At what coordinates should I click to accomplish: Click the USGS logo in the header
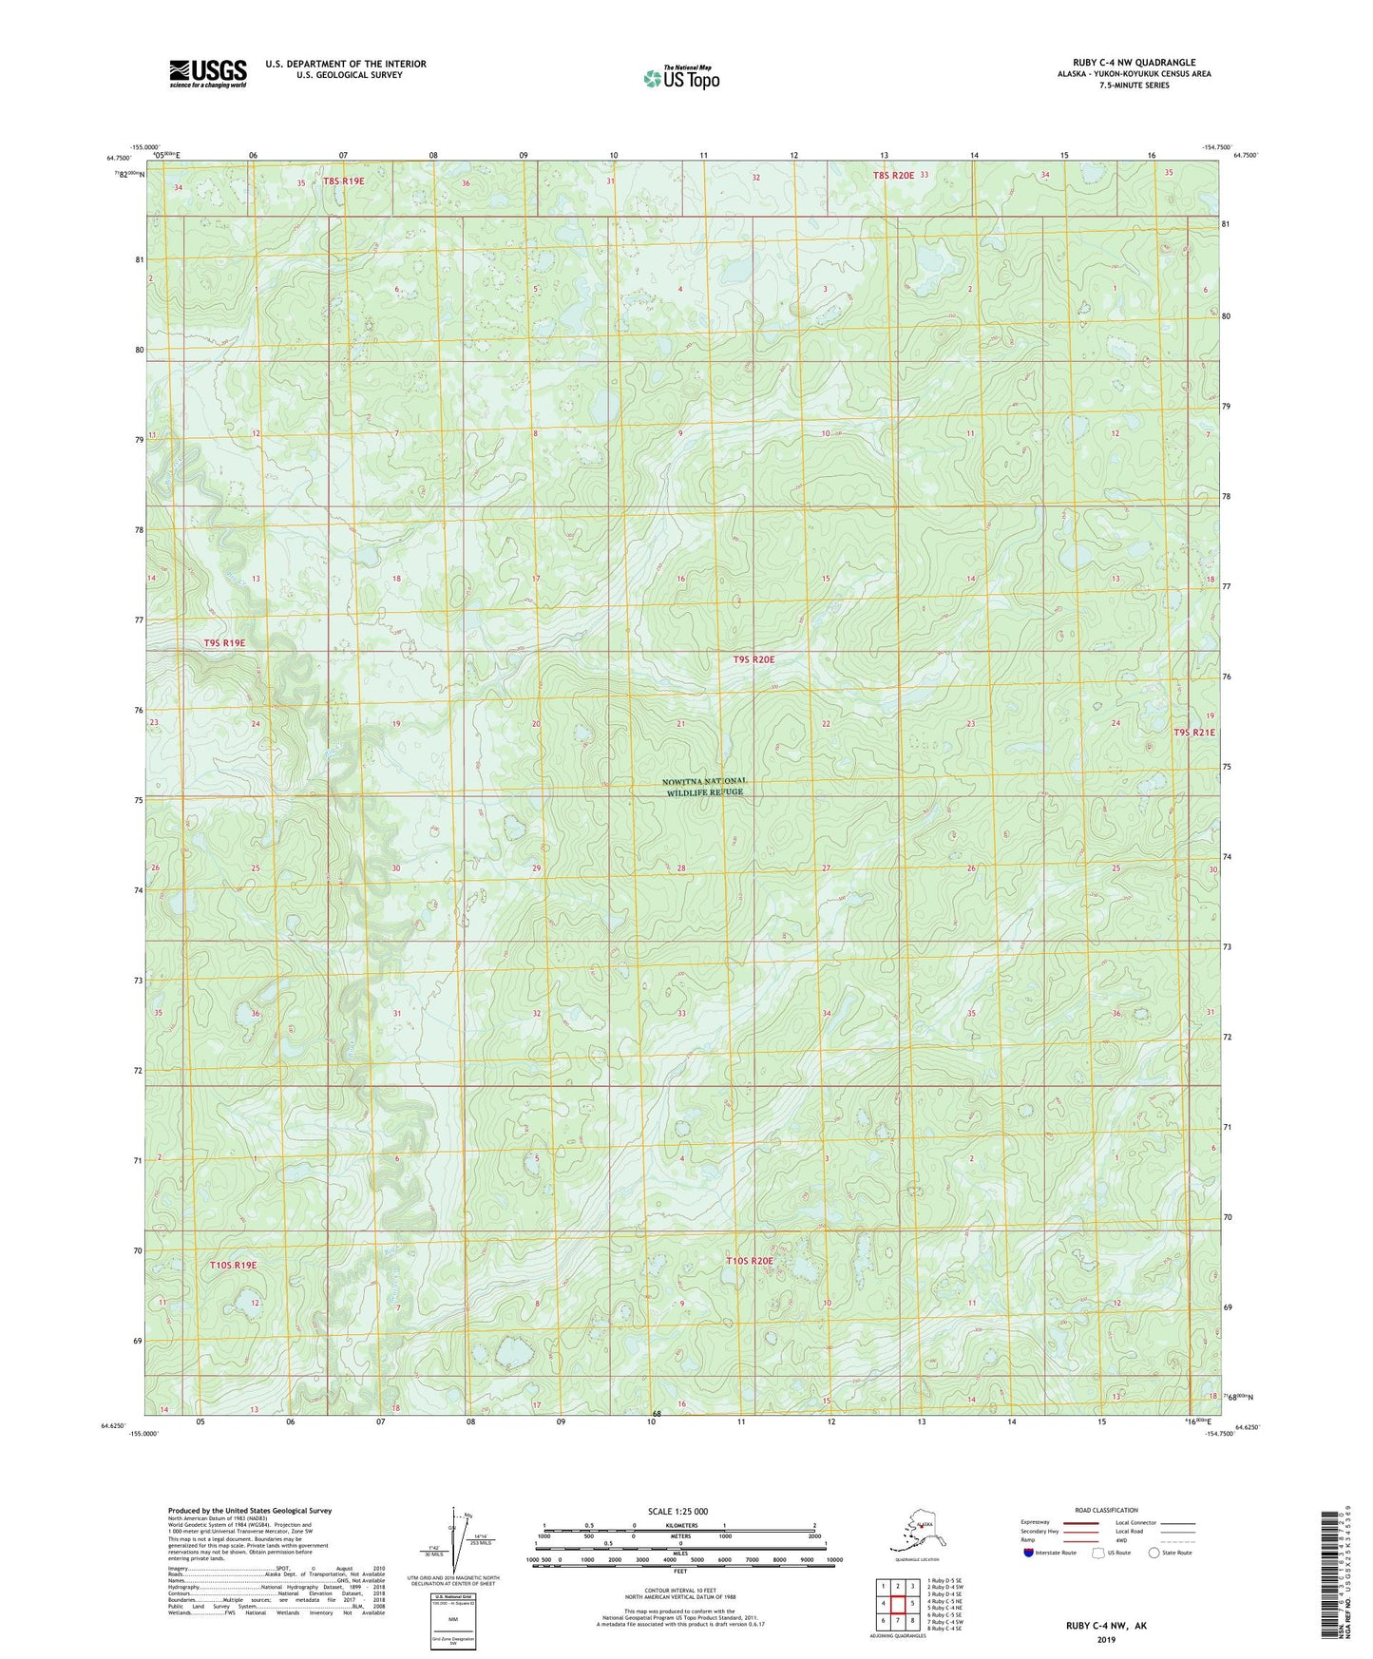pyautogui.click(x=207, y=73)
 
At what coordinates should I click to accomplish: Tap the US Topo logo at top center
pyautogui.click(x=680, y=77)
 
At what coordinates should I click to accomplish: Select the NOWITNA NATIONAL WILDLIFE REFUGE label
pyautogui.click(x=698, y=786)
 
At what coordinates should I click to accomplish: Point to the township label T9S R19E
pyautogui.click(x=224, y=643)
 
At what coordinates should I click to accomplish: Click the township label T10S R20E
pyautogui.click(x=750, y=1261)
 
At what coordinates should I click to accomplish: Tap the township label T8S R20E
pyautogui.click(x=893, y=175)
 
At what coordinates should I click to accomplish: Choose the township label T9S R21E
pyautogui.click(x=1193, y=733)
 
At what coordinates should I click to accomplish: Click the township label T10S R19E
pyautogui.click(x=233, y=1266)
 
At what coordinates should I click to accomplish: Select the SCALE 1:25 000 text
pyautogui.click(x=678, y=1512)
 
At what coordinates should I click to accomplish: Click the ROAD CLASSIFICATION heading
pyautogui.click(x=1106, y=1510)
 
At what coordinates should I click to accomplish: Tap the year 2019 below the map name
pyautogui.click(x=1106, y=1639)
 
